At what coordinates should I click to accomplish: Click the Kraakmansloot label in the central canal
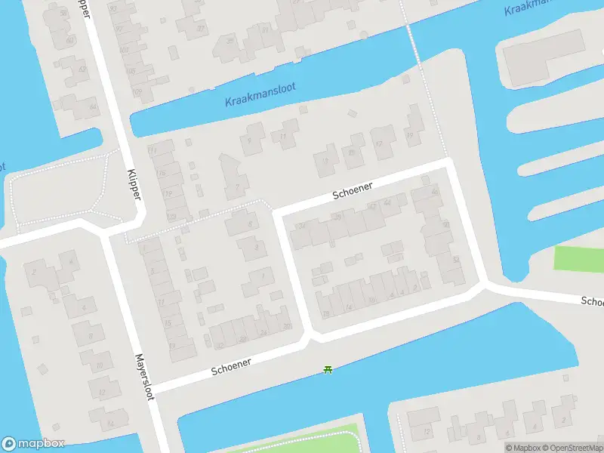pyautogui.click(x=260, y=94)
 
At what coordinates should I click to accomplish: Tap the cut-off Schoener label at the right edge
pyautogui.click(x=592, y=301)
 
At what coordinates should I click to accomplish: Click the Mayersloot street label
pyautogui.click(x=144, y=377)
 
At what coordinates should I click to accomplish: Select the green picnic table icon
pyautogui.click(x=328, y=368)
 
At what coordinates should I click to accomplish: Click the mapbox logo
pyautogui.click(x=33, y=444)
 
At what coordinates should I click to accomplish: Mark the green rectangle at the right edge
pyautogui.click(x=579, y=258)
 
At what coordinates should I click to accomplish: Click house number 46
pyautogui.click(x=434, y=193)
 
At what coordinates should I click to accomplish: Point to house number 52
pyautogui.click(x=456, y=259)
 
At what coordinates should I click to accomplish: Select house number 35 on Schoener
pyautogui.click(x=337, y=217)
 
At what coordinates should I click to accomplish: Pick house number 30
pyautogui.click(x=287, y=326)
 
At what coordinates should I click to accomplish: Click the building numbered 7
pyautogui.click(x=239, y=185)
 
